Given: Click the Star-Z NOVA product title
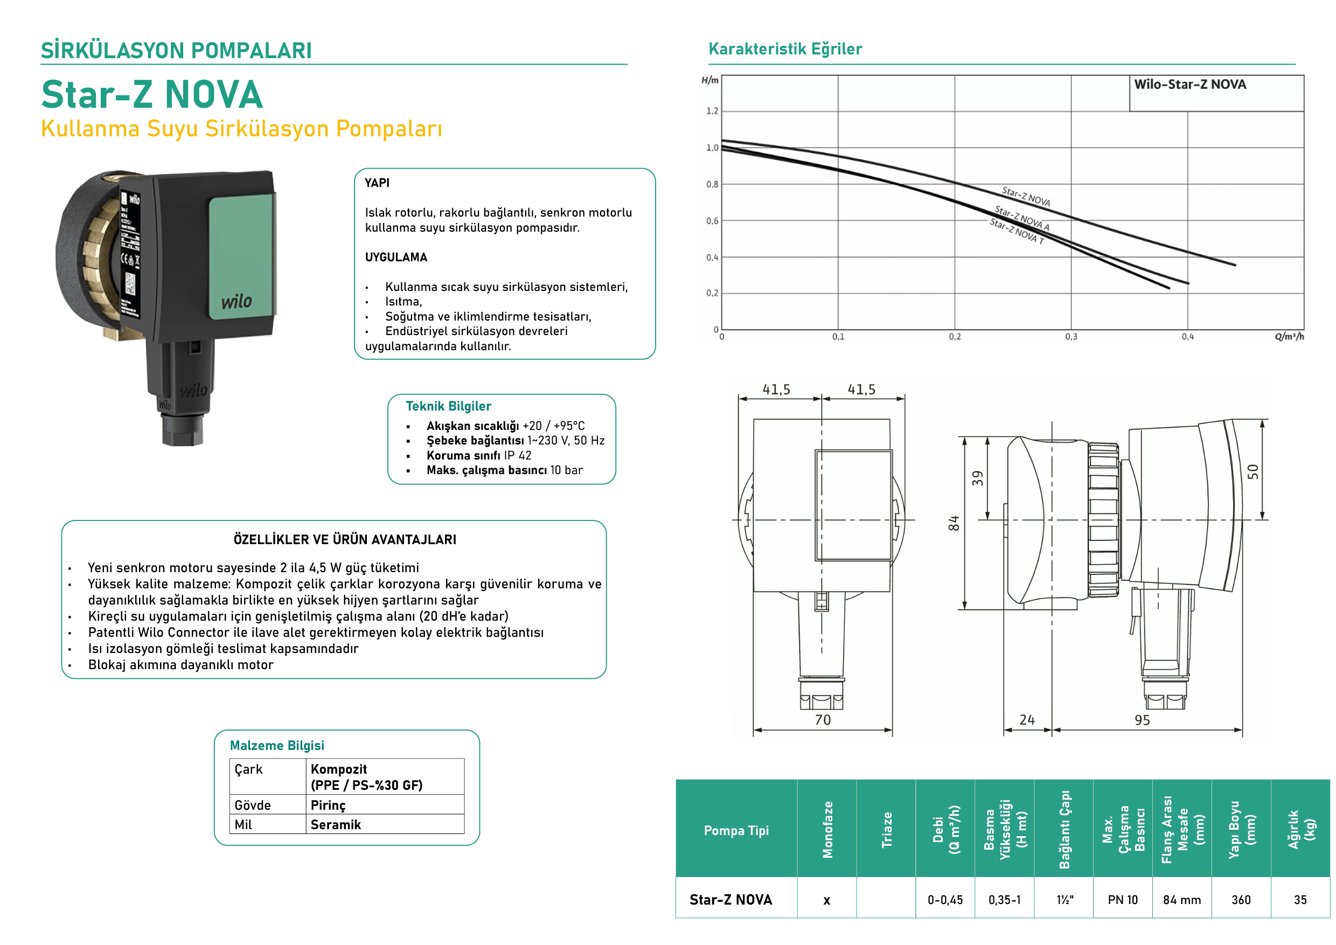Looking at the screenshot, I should pyautogui.click(x=152, y=94).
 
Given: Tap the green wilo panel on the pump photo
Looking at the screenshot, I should pyautogui.click(x=241, y=256).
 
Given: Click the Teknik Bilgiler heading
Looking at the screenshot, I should pyautogui.click(x=448, y=406).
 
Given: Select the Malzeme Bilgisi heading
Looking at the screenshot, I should pyautogui.click(x=277, y=746).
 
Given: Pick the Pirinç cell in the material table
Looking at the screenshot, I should pyautogui.click(x=328, y=805).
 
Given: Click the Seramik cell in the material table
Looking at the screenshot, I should pyautogui.click(x=335, y=824).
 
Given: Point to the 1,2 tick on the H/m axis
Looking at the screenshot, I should pyautogui.click(x=712, y=111).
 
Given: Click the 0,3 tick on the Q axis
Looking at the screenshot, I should pyautogui.click(x=1071, y=337).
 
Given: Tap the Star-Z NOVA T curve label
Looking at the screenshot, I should pyautogui.click(x=1017, y=232).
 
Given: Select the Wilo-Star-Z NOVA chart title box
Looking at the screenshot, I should pyautogui.click(x=1215, y=93).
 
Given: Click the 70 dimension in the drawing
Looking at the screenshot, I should pyautogui.click(x=823, y=720).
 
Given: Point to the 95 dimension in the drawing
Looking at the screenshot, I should pyautogui.click(x=1142, y=720).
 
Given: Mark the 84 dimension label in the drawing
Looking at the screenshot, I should pyautogui.click(x=953, y=523).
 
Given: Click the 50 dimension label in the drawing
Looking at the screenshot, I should pyautogui.click(x=1253, y=472).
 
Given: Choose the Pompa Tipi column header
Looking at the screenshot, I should pyautogui.click(x=736, y=830).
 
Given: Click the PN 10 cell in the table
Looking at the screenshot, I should pyautogui.click(x=1123, y=900).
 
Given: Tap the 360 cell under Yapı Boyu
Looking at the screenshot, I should pyautogui.click(x=1241, y=900).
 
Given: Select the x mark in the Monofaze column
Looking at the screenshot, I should pyautogui.click(x=827, y=901).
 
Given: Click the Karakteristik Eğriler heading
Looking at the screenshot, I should pyautogui.click(x=785, y=49).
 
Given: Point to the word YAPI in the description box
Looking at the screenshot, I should pyautogui.click(x=377, y=183).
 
